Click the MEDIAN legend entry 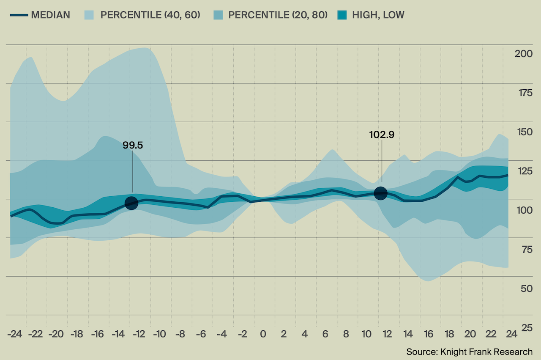(40, 15)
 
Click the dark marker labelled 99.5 (131, 203)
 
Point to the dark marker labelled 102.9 (381, 193)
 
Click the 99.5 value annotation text (133, 145)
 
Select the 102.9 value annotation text (382, 135)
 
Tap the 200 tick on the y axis (523, 54)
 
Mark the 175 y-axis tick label (523, 93)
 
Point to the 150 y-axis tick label (523, 132)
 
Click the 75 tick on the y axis (526, 250)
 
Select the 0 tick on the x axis (263, 334)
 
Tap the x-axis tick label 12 (387, 334)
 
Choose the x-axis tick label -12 (139, 334)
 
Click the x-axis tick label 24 (511, 334)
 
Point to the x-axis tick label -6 (201, 334)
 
